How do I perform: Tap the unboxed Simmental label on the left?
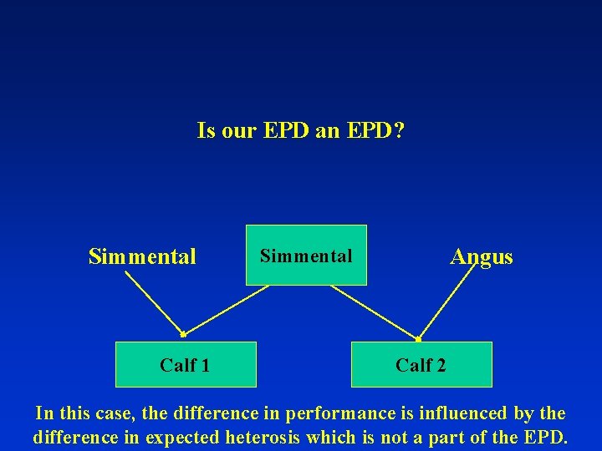[142, 256]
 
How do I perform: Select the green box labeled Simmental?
[306, 255]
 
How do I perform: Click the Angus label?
[481, 256]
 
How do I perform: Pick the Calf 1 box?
[185, 364]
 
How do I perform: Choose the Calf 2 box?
[421, 364]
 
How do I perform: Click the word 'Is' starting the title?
[206, 131]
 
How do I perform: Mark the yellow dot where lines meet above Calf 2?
[418, 339]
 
